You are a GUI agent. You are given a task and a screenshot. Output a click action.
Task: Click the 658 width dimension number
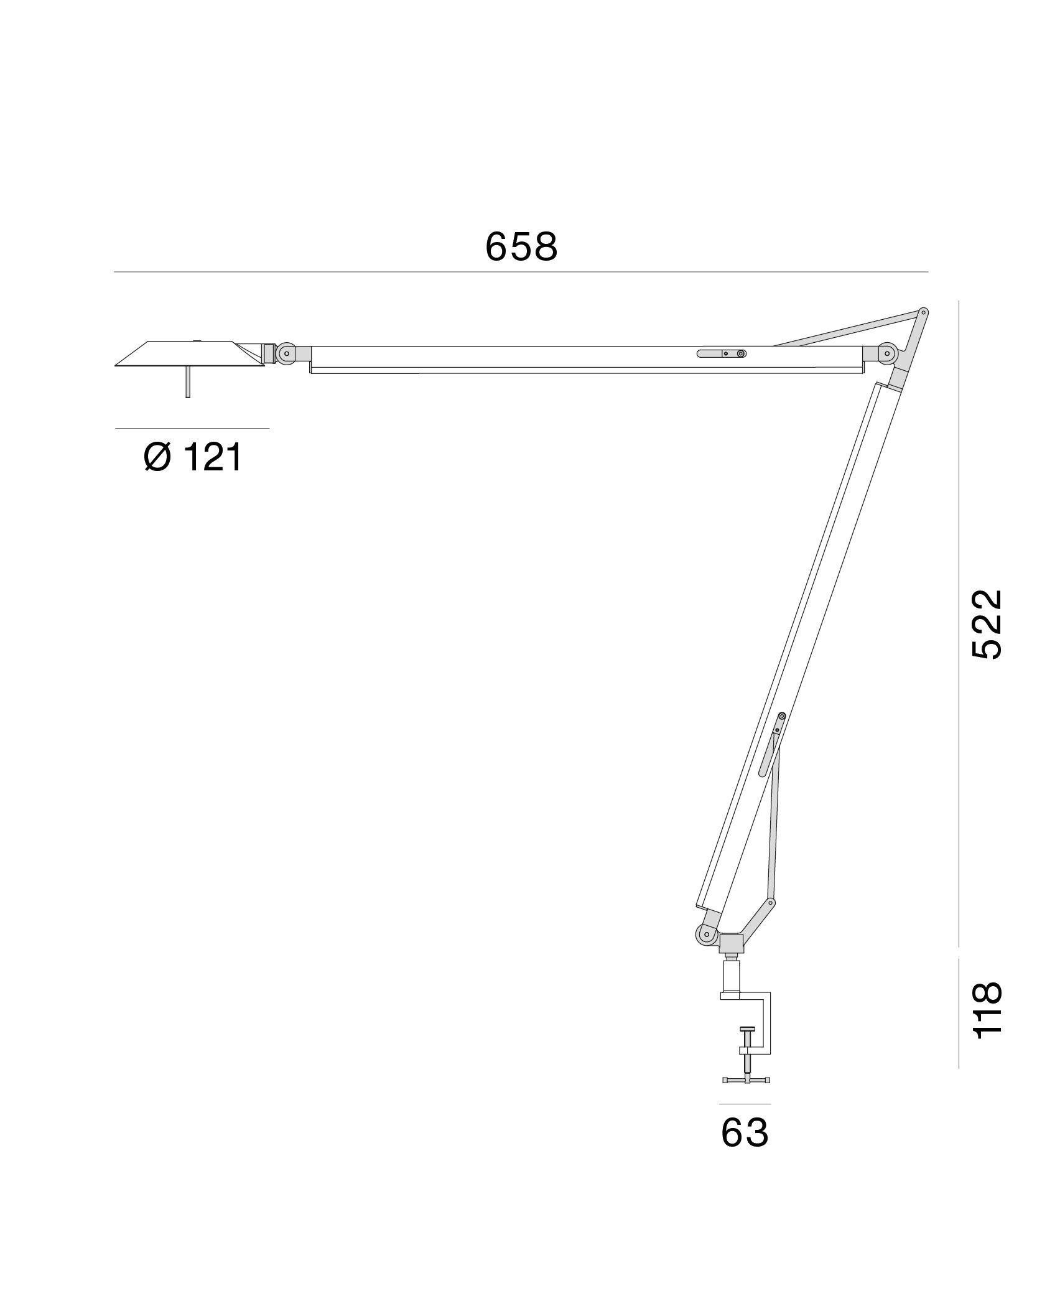click(x=521, y=247)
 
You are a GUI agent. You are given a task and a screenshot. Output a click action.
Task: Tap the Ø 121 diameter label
click(x=192, y=459)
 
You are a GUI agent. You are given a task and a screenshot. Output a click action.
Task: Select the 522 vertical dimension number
click(x=987, y=624)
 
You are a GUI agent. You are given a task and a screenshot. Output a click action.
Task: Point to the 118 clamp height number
click(x=987, y=1019)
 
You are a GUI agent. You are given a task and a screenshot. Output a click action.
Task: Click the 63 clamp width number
click(x=745, y=1133)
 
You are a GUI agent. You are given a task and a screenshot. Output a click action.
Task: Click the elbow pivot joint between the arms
click(x=886, y=354)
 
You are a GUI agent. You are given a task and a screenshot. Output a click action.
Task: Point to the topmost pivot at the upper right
click(x=924, y=312)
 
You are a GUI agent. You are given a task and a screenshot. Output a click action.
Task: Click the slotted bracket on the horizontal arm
click(x=722, y=353)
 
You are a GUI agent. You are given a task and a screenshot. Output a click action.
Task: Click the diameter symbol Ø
click(x=157, y=459)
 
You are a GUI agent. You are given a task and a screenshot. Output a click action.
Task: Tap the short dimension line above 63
click(x=745, y=1104)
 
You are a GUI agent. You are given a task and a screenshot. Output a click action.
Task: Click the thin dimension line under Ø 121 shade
click(x=192, y=428)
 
